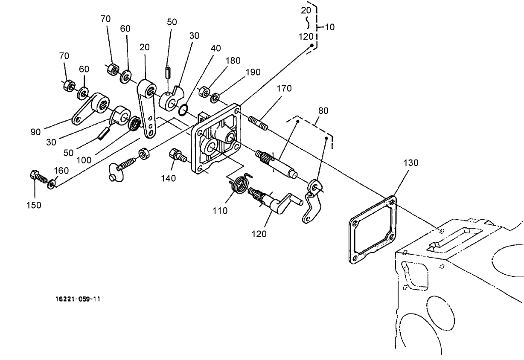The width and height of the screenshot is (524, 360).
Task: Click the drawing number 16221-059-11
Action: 78,299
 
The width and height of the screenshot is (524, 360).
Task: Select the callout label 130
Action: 410,163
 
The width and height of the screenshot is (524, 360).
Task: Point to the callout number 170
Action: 284,89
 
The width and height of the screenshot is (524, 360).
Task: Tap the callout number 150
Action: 33,205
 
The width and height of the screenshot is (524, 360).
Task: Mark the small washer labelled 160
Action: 52,184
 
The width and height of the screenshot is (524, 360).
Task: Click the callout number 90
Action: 36,132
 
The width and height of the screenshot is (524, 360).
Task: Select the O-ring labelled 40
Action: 183,110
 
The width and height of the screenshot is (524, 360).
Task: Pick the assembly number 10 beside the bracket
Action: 329,27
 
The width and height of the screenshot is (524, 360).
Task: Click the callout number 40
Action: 216,48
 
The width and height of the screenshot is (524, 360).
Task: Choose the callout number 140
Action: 169,178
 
